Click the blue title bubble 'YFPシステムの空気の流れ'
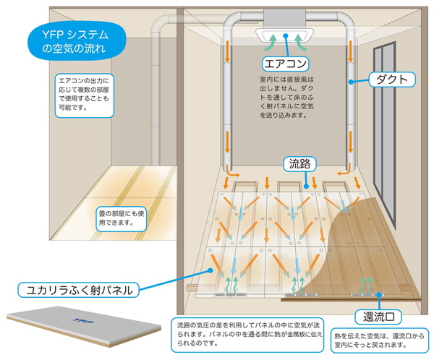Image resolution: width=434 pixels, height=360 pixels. [77, 41]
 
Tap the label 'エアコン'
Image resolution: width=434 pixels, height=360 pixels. [286, 64]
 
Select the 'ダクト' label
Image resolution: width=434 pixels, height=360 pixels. [392, 80]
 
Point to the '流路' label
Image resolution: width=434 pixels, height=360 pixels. [299, 164]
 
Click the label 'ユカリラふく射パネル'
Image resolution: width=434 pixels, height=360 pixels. [78, 290]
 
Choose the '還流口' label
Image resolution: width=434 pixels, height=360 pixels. [378, 317]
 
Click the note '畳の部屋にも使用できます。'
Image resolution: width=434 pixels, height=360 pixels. [121, 218]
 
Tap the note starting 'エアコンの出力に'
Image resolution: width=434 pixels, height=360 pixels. [84, 95]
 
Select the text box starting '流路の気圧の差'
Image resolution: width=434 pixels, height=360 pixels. [247, 335]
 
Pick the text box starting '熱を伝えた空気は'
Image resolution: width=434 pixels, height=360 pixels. [380, 340]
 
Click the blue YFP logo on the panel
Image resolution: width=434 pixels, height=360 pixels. [83, 321]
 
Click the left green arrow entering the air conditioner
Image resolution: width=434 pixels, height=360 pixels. [271, 42]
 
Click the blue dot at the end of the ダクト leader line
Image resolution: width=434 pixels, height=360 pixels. [351, 82]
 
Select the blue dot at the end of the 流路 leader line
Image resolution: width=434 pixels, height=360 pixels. [306, 187]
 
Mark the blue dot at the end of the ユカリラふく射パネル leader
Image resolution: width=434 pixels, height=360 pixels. [210, 270]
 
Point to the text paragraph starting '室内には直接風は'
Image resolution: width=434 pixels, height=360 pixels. [286, 97]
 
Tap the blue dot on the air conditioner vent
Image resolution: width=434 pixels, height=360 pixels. [286, 35]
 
